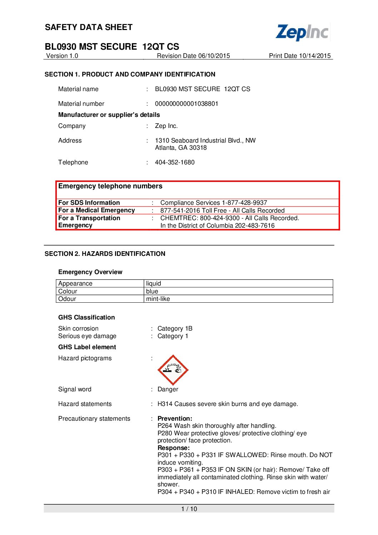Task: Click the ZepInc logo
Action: coord(302,32)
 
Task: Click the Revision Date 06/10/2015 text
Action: coord(193,56)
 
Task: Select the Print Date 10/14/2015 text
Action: coord(300,56)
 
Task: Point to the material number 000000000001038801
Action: coord(186,104)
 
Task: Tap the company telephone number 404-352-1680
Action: coord(175,162)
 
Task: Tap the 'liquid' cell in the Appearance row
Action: coord(154,283)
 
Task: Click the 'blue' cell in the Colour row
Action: coord(152,291)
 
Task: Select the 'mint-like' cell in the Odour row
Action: coord(158,299)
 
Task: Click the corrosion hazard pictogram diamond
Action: coord(173,370)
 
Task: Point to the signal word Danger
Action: coord(168,389)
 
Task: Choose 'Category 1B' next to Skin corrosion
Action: coord(175,328)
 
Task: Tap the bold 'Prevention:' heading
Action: coord(175,418)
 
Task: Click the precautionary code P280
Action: coord(165,433)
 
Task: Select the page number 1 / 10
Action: coord(189,509)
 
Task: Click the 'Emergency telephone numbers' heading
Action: coord(110,186)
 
